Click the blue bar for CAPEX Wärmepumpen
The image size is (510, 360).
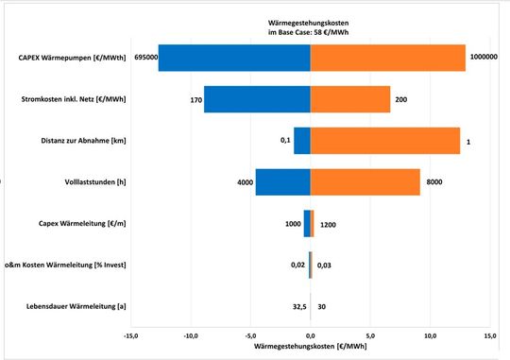pyautogui.click(x=234, y=58)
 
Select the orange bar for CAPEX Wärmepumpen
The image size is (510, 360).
pyautogui.click(x=387, y=58)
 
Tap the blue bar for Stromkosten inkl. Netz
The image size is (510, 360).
pyautogui.click(x=257, y=98)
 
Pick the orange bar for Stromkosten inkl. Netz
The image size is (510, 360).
pyautogui.click(x=350, y=98)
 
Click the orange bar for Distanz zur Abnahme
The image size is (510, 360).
pyautogui.click(x=384, y=140)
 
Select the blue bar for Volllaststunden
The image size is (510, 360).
pyautogui.click(x=282, y=181)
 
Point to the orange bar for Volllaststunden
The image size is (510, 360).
pyautogui.click(x=365, y=181)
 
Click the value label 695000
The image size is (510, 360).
pyautogui.click(x=145, y=58)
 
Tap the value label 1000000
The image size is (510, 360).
pyautogui.click(x=484, y=58)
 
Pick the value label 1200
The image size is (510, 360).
pyautogui.click(x=329, y=224)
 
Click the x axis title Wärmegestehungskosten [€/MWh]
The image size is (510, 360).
pyautogui.click(x=310, y=347)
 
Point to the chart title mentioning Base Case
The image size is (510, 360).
pyautogui.click(x=310, y=28)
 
